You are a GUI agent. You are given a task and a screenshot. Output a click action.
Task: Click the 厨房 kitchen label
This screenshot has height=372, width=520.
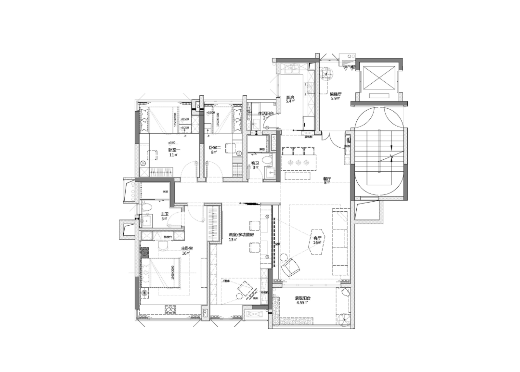click(290, 97)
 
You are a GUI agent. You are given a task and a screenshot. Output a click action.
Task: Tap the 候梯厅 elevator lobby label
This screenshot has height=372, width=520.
click(336, 94)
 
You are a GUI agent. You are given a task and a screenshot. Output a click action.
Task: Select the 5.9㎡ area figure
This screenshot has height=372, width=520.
click(336, 99)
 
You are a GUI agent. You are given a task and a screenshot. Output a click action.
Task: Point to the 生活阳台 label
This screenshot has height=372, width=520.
click(266, 114)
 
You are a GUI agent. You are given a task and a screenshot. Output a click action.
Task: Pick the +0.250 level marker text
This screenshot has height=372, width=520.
click(185, 128)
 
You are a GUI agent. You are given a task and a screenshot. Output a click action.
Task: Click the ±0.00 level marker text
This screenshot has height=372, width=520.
click(172, 143)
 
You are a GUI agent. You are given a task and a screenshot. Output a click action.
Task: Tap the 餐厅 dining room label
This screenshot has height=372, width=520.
click(327, 178)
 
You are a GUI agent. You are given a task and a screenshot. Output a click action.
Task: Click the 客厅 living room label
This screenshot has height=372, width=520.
click(317, 238)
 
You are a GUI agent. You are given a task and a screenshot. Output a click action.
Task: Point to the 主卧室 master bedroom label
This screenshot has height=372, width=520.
click(187, 248)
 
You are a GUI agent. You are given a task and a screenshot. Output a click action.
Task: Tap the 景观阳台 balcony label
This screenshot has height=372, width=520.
click(303, 298)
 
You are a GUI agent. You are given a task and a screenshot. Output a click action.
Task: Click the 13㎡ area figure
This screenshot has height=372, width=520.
click(233, 240)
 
